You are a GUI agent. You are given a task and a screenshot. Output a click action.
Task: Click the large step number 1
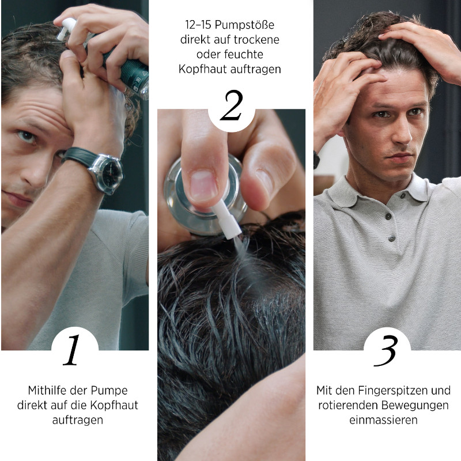click(x=72, y=350)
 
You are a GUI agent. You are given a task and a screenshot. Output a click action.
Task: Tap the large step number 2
click(x=232, y=105)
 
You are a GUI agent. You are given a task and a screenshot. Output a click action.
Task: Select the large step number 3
click(x=386, y=351)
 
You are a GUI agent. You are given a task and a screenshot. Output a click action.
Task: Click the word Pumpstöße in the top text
click(x=244, y=25)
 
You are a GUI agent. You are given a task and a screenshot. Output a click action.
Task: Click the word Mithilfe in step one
click(x=44, y=391)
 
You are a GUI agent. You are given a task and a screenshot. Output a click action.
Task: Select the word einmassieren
click(x=383, y=420)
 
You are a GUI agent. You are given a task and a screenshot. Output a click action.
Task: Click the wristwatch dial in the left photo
click(x=112, y=174)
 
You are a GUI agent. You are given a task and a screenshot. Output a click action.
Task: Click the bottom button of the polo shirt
click(x=391, y=239)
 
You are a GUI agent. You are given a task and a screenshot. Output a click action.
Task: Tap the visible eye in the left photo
click(x=27, y=137)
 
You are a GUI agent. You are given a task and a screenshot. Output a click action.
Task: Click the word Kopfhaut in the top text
click(x=203, y=69)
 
